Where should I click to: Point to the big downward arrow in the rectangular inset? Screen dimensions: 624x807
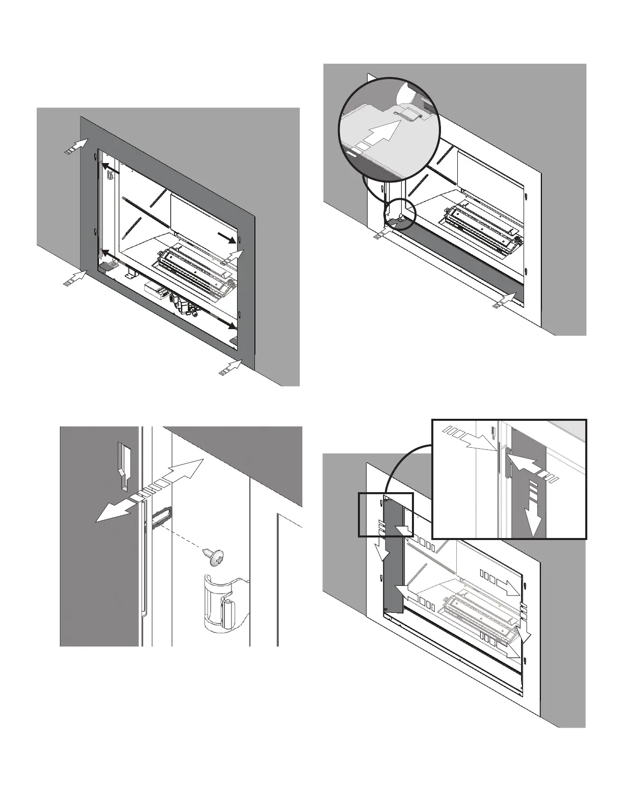pos(534,520)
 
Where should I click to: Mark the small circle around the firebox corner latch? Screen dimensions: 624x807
pos(400,214)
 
